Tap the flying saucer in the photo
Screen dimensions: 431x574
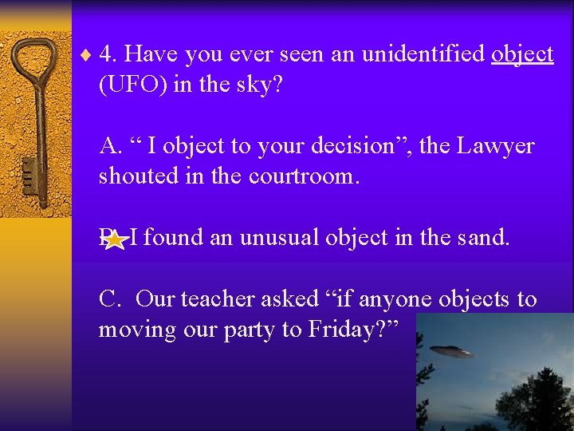[450, 352]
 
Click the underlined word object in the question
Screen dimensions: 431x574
[522, 54]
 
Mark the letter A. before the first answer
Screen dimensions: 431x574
[110, 146]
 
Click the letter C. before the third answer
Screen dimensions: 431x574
[110, 299]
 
